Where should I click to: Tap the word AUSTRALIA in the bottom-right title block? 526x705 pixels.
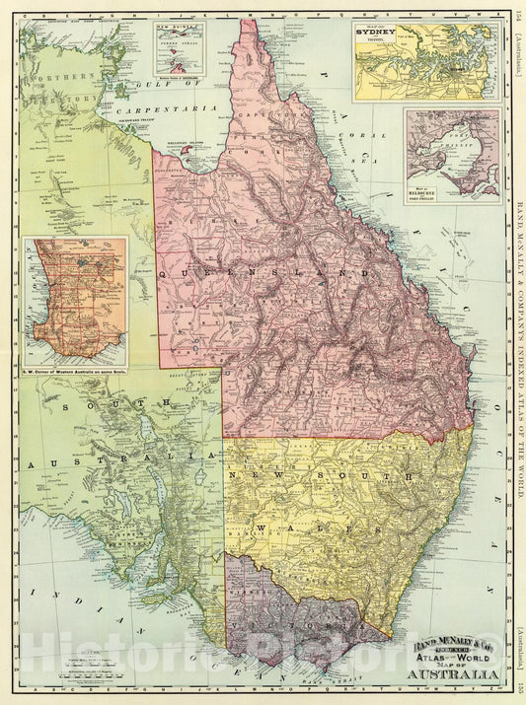[450, 674]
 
